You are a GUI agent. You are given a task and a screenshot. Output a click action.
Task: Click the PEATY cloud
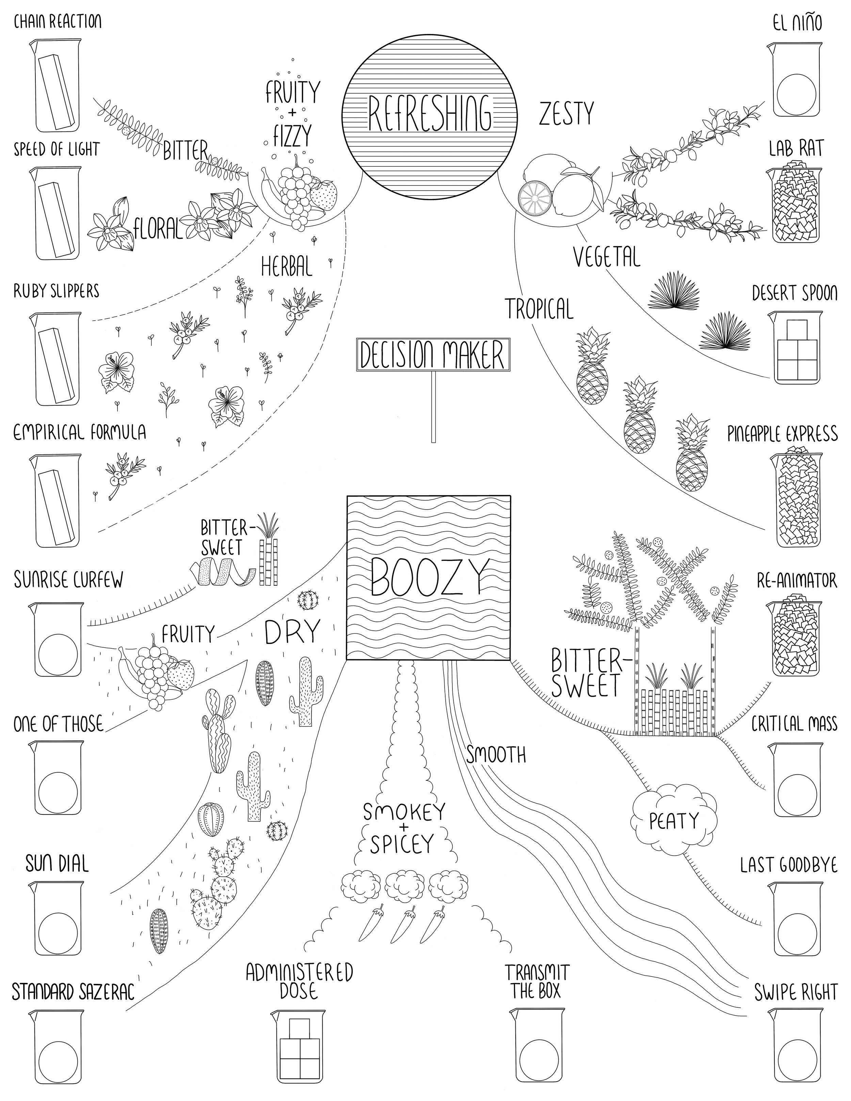pos(674,821)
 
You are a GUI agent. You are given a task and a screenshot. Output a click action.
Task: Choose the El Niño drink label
pos(797,23)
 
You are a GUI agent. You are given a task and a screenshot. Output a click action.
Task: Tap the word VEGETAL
pos(607,258)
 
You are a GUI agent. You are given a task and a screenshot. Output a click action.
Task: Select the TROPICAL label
pos(540,309)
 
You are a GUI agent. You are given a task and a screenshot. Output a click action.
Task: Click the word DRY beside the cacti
pos(292,632)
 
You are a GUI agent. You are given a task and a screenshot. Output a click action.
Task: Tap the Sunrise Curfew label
pos(68,580)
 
